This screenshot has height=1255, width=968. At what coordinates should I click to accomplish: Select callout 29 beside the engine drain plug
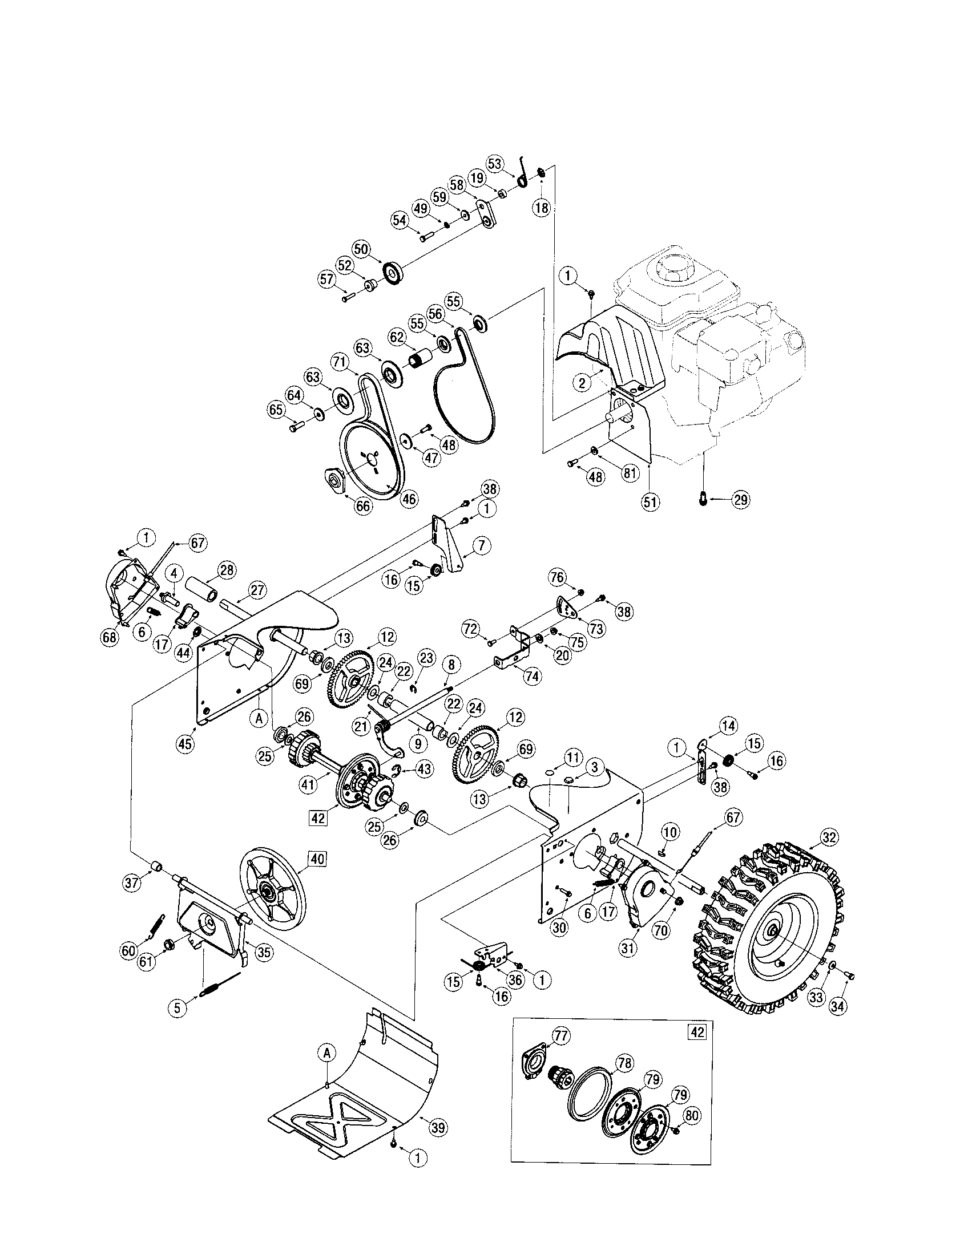(x=740, y=499)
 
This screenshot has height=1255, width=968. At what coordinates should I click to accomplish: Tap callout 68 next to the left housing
(x=108, y=637)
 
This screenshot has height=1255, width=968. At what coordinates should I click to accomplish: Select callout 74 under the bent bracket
(x=533, y=677)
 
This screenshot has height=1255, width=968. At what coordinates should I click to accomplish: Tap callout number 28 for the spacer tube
(x=227, y=570)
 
